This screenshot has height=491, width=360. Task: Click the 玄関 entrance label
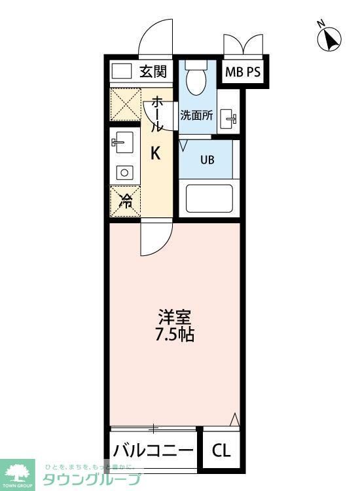(x=153, y=71)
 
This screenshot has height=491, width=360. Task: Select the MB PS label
(x=243, y=72)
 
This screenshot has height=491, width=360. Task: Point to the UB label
(x=206, y=159)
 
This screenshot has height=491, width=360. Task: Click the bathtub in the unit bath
(x=210, y=199)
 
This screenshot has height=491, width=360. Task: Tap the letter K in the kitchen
(x=156, y=153)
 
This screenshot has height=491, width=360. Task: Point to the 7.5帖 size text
(x=175, y=335)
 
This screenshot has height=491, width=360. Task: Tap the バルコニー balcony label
(x=153, y=450)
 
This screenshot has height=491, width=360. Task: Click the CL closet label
(x=221, y=450)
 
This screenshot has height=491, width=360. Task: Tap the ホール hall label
(x=158, y=115)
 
